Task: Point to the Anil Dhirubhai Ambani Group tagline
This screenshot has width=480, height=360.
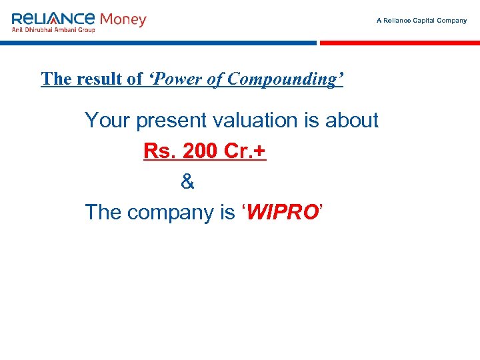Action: point(53,29)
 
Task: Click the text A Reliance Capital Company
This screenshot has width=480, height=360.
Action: point(421,21)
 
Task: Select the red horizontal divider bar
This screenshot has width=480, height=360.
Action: point(399,43)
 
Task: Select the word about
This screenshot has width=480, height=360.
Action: point(351,121)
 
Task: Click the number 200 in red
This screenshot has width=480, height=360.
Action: point(199,151)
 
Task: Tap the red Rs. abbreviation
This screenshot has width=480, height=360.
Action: point(159,151)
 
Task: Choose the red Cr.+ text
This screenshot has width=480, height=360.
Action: point(245,151)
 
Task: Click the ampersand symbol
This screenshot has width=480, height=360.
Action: point(187,181)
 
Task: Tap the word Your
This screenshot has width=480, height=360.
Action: point(107,121)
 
